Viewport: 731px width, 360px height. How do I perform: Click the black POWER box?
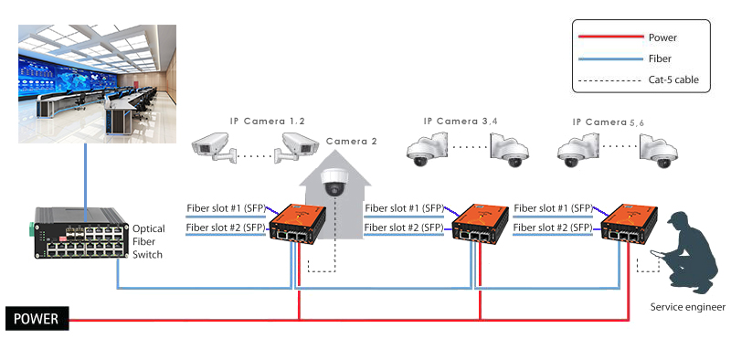pos(36,319)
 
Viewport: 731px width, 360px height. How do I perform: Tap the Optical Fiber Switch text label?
pos(149,241)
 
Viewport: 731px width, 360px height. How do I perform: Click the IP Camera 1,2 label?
pos(267,121)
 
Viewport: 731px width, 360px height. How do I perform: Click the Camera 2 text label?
pos(352,142)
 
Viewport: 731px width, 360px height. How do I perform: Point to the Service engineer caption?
pos(687,307)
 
